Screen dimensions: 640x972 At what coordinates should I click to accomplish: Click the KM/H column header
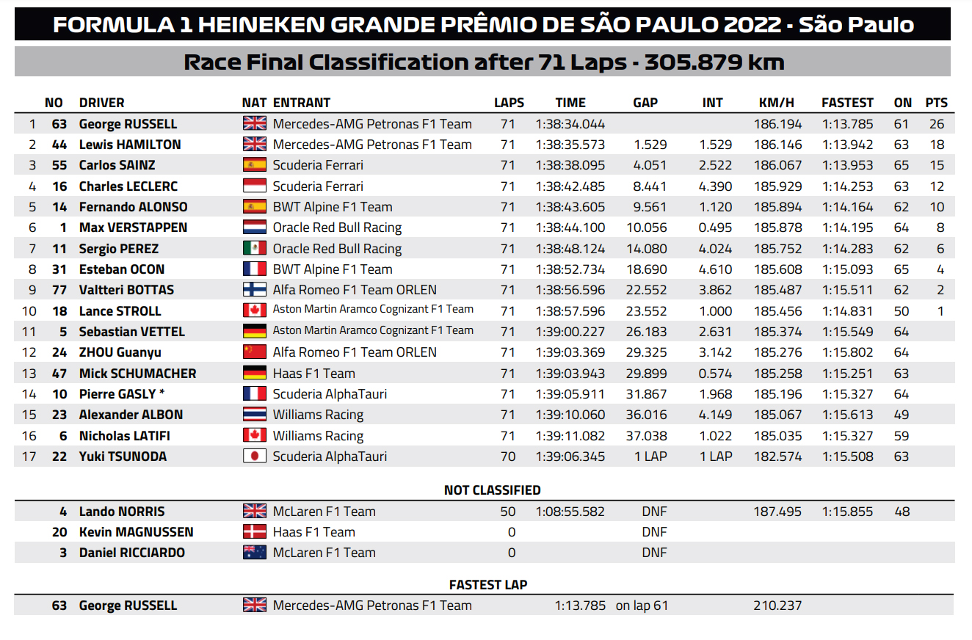point(776,103)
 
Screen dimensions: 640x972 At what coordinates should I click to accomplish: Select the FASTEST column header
point(847,103)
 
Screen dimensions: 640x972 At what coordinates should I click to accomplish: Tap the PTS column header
point(936,103)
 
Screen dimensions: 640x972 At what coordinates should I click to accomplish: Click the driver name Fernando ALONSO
point(133,207)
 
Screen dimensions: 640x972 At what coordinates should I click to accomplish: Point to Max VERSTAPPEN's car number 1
point(63,228)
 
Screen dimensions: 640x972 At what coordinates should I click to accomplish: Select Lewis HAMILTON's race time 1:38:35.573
point(570,145)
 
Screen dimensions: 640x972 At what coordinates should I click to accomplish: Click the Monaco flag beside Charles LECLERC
point(255,186)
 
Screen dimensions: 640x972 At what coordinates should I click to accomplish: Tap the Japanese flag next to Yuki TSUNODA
point(255,457)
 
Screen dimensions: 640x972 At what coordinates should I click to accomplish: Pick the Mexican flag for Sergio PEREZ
point(255,249)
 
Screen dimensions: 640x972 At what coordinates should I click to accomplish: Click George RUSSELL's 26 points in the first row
point(937,124)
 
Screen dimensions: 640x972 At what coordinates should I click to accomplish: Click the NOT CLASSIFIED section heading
point(492,490)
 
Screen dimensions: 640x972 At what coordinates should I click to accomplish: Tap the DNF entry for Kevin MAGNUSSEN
point(654,532)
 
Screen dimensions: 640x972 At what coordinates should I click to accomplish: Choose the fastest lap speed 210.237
point(777,606)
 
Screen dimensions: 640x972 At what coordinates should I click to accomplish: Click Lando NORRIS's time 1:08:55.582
point(570,512)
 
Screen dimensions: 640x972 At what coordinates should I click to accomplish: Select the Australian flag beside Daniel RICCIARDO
point(255,553)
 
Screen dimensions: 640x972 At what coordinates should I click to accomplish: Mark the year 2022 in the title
point(752,24)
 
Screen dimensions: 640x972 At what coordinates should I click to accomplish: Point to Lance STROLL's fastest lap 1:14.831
point(847,311)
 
